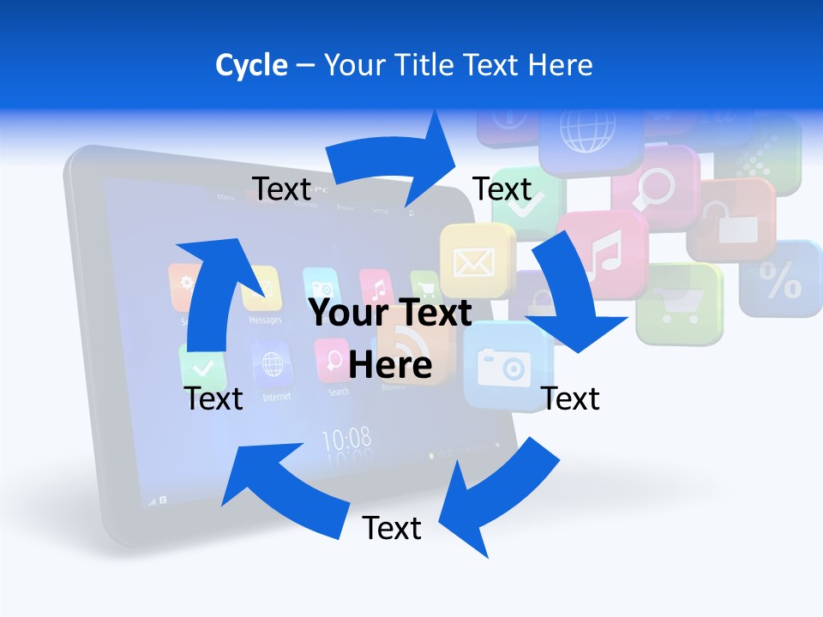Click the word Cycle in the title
[250, 65]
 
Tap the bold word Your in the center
[350, 314]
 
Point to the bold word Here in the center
[390, 365]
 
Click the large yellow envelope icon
[474, 261]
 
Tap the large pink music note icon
[604, 254]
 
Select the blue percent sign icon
[781, 279]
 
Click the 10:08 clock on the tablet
[346, 440]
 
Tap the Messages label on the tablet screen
[265, 320]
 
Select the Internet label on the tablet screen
[276, 397]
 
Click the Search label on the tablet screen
[339, 392]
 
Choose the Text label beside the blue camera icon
[571, 398]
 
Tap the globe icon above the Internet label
[273, 365]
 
